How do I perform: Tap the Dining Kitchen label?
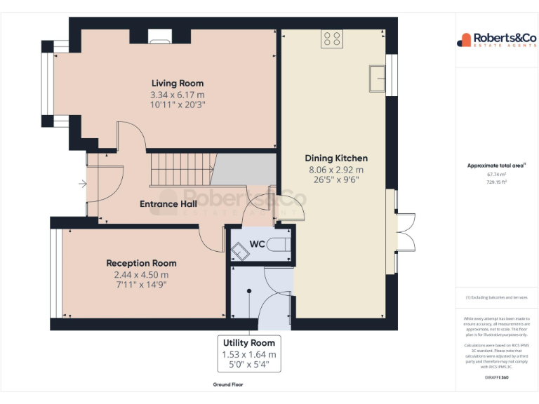point(335,158)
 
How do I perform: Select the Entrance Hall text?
point(168,204)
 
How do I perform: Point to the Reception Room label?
point(141,263)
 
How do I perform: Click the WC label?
point(258,244)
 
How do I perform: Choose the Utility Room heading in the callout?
point(249,342)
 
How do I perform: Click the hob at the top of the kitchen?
point(331,39)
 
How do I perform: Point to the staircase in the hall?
point(181,170)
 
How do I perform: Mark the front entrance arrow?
point(83,184)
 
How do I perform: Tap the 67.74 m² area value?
point(496,174)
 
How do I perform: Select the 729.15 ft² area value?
point(496,181)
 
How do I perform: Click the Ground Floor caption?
point(228,384)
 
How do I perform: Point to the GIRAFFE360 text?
point(496,378)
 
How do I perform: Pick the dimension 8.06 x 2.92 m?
point(335,170)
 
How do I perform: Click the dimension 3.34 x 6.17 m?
point(178,95)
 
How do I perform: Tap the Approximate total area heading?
point(496,166)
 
